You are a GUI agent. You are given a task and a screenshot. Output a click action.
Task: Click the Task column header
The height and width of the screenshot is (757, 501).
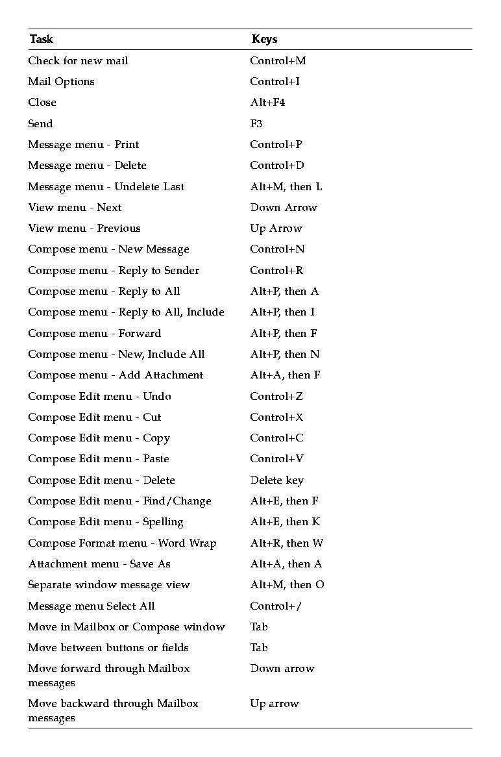pyautogui.click(x=42, y=40)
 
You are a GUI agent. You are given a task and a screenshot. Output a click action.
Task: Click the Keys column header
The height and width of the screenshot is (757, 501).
pyautogui.click(x=264, y=40)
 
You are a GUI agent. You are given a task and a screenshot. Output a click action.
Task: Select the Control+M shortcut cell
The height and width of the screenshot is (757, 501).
pyautogui.click(x=278, y=61)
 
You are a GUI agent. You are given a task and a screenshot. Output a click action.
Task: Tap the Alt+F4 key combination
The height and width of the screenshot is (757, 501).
pyautogui.click(x=267, y=103)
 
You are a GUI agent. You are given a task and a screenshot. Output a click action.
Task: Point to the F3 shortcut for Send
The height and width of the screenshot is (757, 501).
pyautogui.click(x=256, y=124)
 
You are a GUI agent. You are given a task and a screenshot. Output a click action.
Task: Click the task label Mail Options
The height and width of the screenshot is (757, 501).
pyautogui.click(x=61, y=82)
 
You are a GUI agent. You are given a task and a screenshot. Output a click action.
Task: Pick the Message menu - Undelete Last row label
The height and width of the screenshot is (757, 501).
pyautogui.click(x=106, y=187)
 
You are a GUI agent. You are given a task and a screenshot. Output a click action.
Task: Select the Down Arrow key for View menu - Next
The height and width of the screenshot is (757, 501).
pyautogui.click(x=284, y=208)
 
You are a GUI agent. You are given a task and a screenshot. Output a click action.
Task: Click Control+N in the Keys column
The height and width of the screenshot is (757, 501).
pyautogui.click(x=277, y=249)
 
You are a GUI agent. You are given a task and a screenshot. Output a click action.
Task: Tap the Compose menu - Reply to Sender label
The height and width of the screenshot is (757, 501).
pyautogui.click(x=114, y=271)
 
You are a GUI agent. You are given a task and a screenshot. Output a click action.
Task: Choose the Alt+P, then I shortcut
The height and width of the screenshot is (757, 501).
pyautogui.click(x=282, y=312)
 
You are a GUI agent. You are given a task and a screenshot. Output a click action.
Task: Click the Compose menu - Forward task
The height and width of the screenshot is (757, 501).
pyautogui.click(x=95, y=334)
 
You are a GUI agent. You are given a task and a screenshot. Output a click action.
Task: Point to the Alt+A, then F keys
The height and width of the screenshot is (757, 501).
pyautogui.click(x=286, y=375)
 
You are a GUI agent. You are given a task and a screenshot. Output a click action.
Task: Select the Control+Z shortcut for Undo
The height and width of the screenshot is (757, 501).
pyautogui.click(x=276, y=397)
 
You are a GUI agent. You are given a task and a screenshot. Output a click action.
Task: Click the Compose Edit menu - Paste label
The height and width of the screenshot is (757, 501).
pyautogui.click(x=99, y=459)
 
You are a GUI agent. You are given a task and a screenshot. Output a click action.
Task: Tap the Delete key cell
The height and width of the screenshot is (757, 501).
pyautogui.click(x=277, y=480)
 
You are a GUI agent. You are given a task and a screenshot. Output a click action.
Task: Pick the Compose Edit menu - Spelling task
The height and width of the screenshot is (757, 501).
pyautogui.click(x=106, y=522)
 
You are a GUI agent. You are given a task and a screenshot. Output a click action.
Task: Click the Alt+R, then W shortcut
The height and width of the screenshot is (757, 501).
pyautogui.click(x=287, y=543)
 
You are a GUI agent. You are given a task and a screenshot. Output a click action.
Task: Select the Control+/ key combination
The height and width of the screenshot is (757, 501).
pyautogui.click(x=276, y=606)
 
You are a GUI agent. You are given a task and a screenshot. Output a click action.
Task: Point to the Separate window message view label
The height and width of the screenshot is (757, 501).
pyautogui.click(x=109, y=585)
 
